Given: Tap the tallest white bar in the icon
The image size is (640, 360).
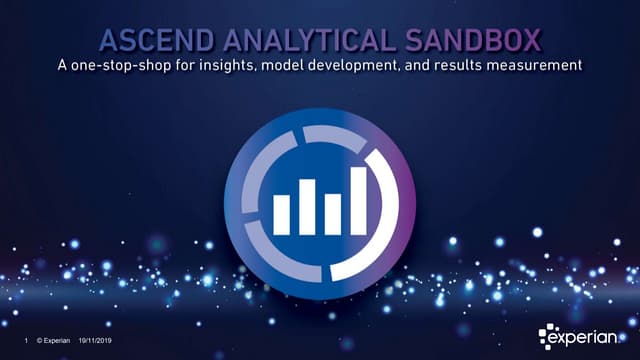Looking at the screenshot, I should click(x=357, y=199).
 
